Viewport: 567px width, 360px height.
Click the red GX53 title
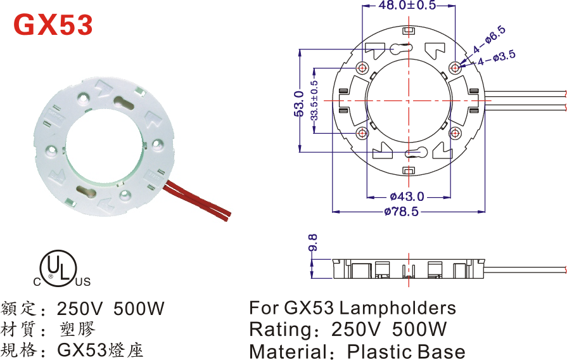53,25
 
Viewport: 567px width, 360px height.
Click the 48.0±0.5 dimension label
407,6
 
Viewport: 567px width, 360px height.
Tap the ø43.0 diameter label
407,196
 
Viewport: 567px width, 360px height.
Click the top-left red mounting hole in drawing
362,68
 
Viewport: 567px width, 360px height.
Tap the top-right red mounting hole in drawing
455,67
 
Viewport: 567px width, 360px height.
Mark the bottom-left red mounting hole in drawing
362,133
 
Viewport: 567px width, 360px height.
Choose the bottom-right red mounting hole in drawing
455,133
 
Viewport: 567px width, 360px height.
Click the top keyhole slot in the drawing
402,48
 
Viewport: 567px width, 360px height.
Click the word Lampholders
397,308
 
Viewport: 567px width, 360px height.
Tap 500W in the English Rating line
419,329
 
